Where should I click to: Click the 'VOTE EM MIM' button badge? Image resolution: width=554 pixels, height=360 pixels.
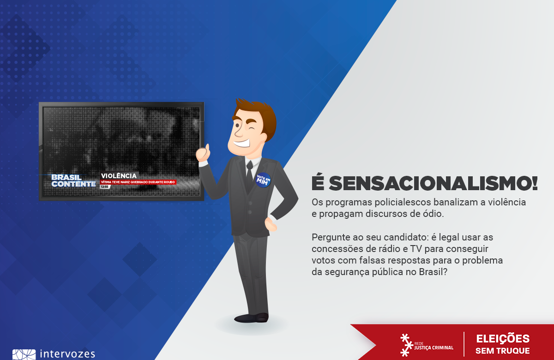(x=263, y=180)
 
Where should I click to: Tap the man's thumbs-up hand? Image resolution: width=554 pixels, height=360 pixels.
(x=203, y=153)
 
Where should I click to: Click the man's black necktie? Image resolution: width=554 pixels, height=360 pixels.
(x=249, y=175)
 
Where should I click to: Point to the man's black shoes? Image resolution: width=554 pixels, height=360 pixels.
(x=251, y=318)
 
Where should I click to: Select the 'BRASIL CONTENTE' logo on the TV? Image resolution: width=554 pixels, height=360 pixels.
(x=73, y=181)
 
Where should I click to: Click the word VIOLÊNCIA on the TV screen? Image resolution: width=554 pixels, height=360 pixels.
(x=119, y=176)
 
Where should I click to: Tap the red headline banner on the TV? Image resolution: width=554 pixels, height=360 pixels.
(x=138, y=182)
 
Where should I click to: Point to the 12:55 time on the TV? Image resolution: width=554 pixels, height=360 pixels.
(x=105, y=187)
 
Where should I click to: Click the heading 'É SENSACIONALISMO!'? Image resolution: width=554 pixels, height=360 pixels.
(x=425, y=183)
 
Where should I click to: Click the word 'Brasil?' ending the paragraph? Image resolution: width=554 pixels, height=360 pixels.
(x=433, y=272)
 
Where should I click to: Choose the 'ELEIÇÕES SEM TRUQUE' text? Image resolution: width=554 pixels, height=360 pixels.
(x=503, y=344)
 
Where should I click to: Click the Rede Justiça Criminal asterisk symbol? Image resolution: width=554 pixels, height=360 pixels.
(x=406, y=345)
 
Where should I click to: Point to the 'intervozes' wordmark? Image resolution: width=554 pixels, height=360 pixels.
(x=67, y=354)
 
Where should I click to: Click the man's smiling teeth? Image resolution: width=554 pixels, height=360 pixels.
(x=242, y=144)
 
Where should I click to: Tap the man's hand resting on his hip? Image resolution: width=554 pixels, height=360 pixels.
(x=271, y=224)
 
